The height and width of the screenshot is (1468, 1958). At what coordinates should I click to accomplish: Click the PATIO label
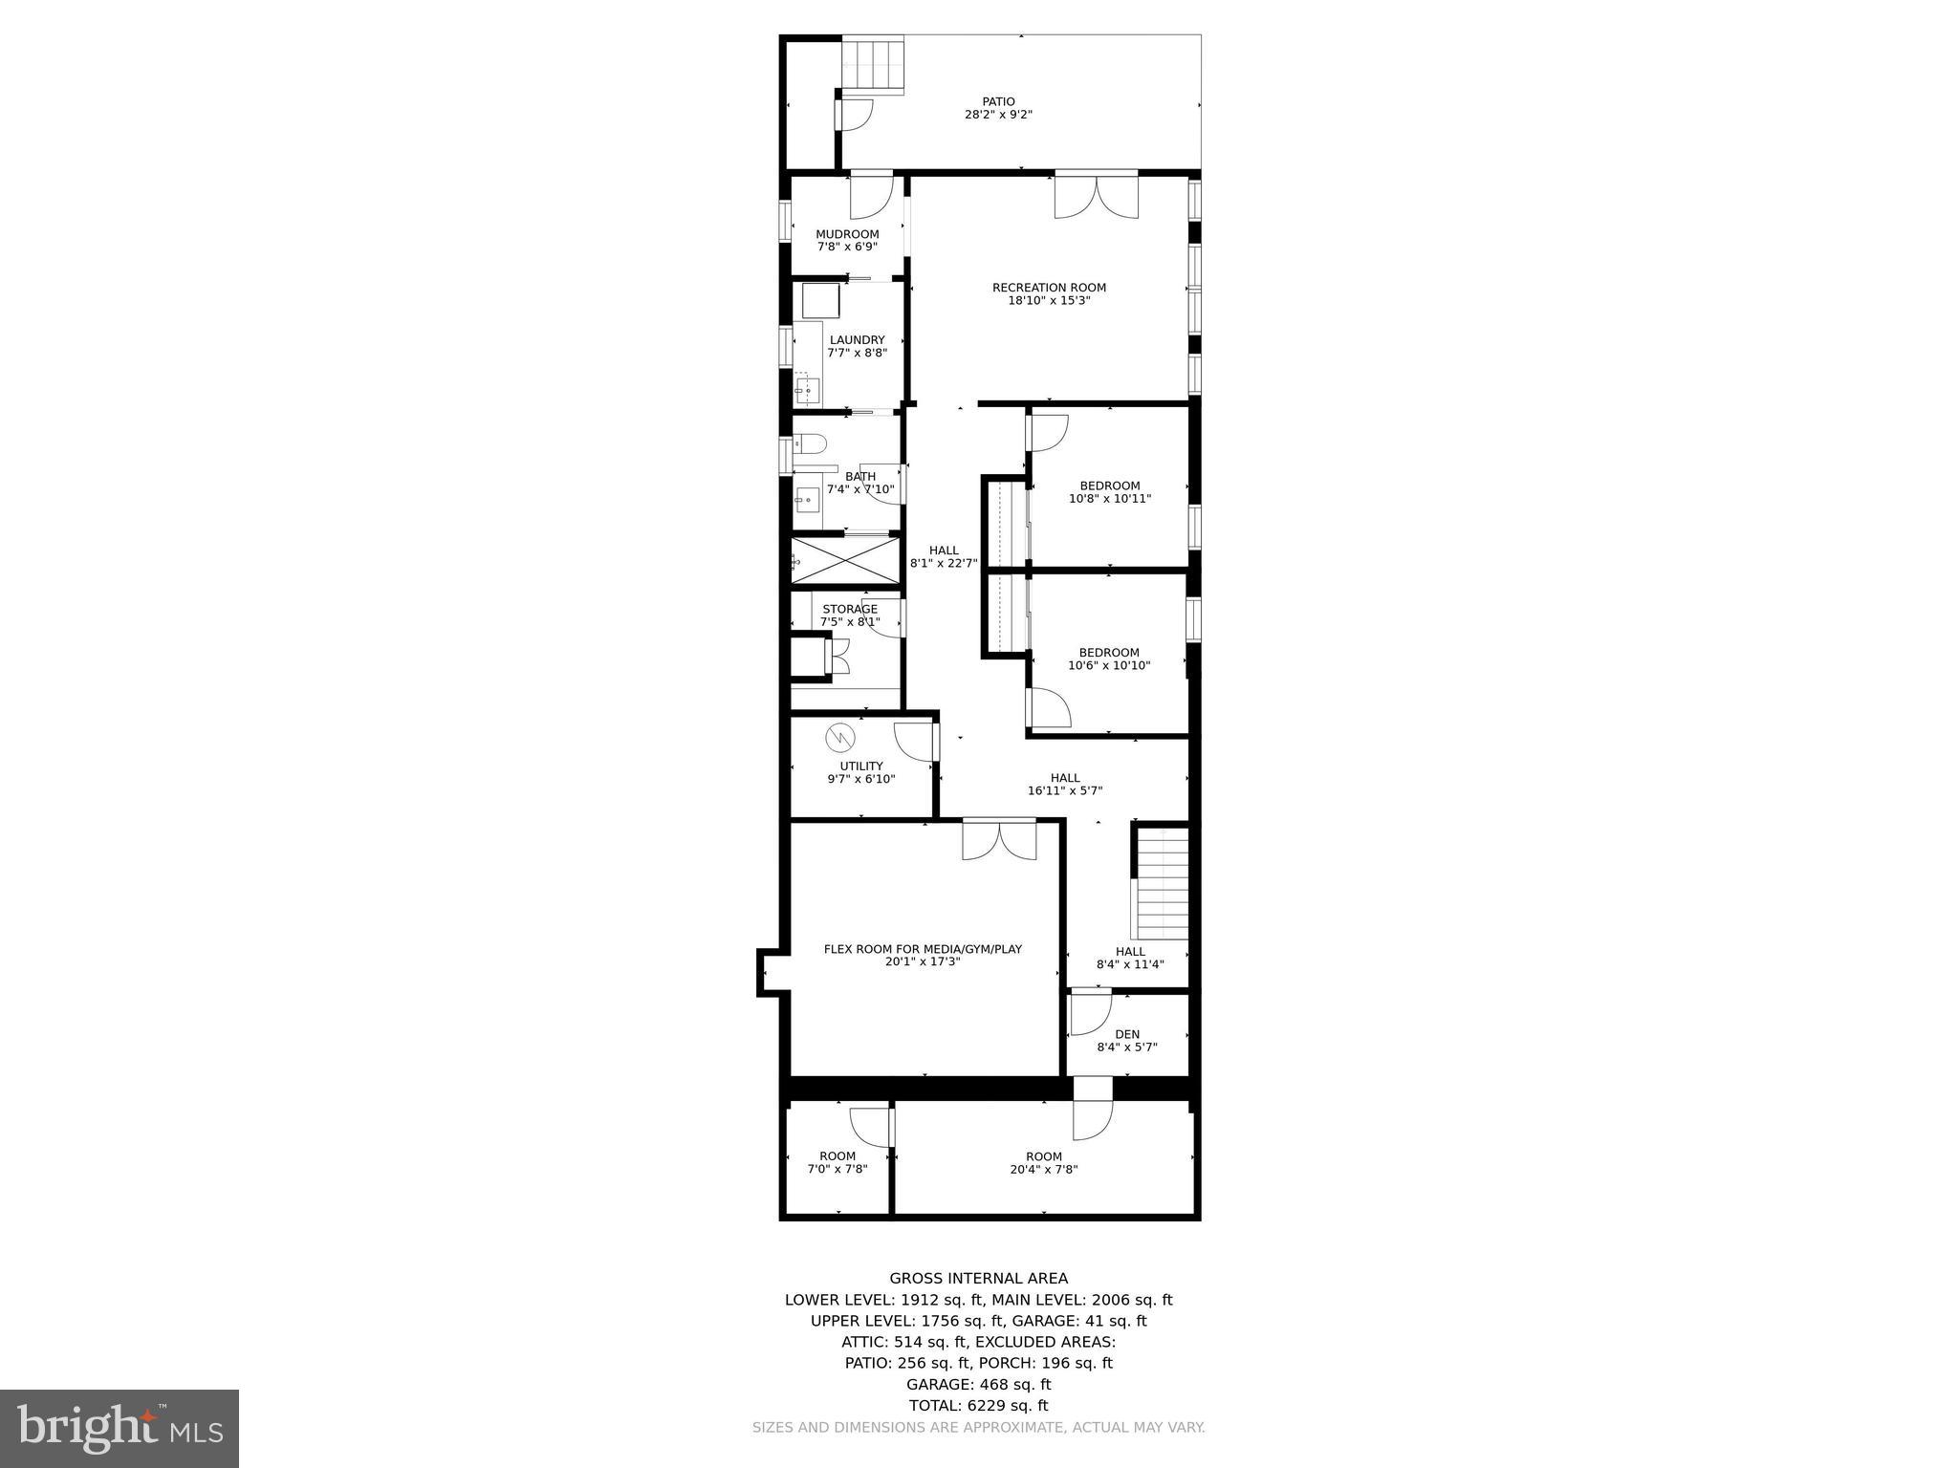click(998, 101)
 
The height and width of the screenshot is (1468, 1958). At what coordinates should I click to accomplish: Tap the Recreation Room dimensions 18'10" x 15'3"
click(1049, 301)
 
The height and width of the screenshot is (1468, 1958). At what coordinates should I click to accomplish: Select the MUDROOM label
click(847, 234)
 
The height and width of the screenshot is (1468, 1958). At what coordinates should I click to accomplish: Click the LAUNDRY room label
click(857, 339)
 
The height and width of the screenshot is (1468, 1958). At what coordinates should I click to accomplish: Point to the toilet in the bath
click(811, 444)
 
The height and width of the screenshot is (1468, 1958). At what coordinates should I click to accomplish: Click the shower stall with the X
click(845, 560)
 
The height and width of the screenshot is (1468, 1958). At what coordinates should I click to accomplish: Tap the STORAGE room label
click(850, 609)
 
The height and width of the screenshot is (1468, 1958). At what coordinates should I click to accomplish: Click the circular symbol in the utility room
click(840, 738)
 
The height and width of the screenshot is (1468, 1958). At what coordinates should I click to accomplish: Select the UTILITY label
click(861, 766)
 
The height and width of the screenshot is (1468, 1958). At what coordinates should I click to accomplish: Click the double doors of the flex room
click(999, 839)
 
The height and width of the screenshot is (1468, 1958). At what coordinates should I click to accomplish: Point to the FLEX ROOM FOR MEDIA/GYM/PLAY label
click(923, 949)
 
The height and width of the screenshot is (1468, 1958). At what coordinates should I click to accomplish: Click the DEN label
click(1127, 1034)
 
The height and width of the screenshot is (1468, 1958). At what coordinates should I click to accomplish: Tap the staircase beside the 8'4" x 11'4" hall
click(1162, 884)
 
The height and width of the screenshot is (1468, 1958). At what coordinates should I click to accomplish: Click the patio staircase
click(873, 64)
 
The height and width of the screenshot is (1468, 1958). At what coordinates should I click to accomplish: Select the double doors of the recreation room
click(1097, 196)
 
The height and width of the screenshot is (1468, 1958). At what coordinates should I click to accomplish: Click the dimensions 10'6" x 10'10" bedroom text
click(1109, 666)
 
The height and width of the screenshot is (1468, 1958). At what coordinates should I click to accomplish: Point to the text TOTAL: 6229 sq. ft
click(978, 1405)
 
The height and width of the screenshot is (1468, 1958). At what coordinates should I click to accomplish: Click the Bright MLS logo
click(120, 1428)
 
